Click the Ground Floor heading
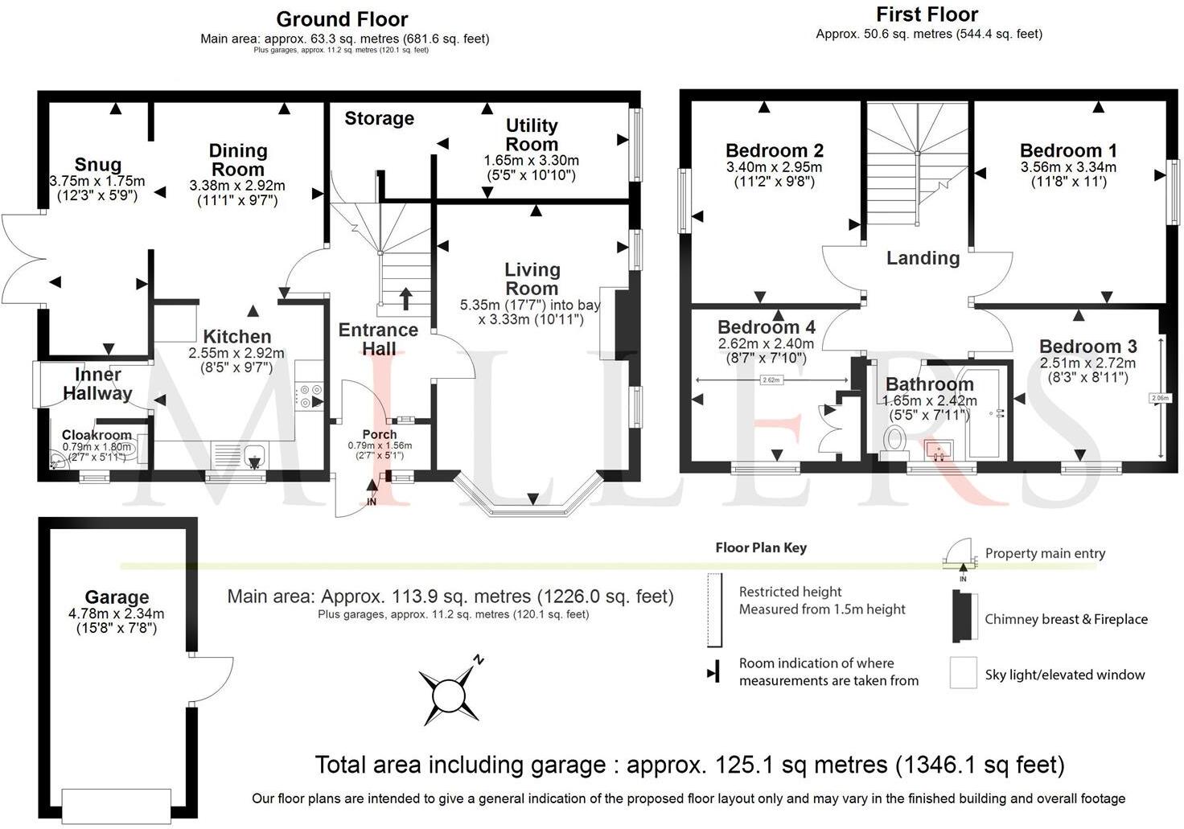click(x=342, y=19)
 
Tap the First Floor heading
click(x=927, y=14)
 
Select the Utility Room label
click(x=531, y=134)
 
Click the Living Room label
click(x=532, y=279)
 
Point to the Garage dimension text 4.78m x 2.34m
click(x=117, y=614)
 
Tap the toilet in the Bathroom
click(x=894, y=442)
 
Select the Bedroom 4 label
click(x=766, y=327)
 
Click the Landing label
click(x=923, y=258)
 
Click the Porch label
click(x=380, y=434)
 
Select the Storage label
click(x=379, y=119)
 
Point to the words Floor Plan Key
click(x=761, y=548)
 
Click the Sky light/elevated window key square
click(x=963, y=674)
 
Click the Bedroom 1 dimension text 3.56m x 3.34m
click(x=1068, y=167)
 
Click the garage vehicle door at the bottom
click(x=117, y=801)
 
